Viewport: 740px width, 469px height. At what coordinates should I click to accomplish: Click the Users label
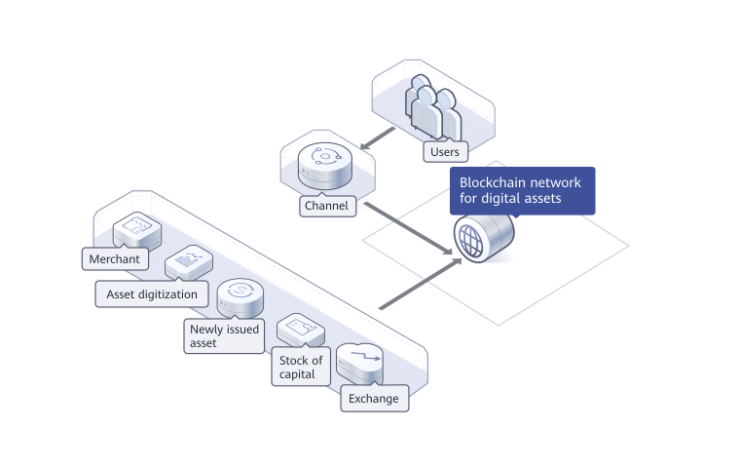pyautogui.click(x=444, y=152)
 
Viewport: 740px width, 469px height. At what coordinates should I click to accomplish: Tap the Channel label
pyautogui.click(x=326, y=207)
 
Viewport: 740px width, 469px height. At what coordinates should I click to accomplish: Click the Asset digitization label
pyautogui.click(x=151, y=293)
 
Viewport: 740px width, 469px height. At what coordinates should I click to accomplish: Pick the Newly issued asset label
pyautogui.click(x=224, y=335)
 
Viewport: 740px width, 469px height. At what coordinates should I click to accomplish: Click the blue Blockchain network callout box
pyautogui.click(x=522, y=190)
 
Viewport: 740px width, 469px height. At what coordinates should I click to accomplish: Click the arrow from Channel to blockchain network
pyautogui.click(x=409, y=228)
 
